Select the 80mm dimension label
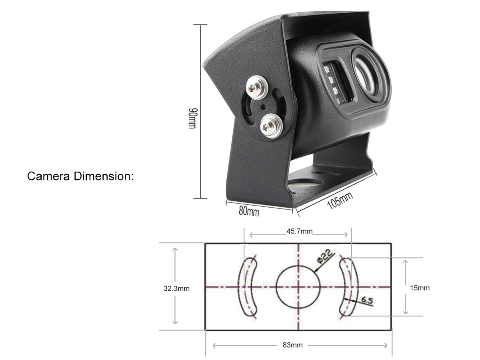[249, 211]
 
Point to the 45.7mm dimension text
[299, 232]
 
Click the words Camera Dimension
[80, 176]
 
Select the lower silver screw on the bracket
[271, 126]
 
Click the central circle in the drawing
[298, 288]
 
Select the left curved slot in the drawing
[249, 287]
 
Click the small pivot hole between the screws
[263, 107]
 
